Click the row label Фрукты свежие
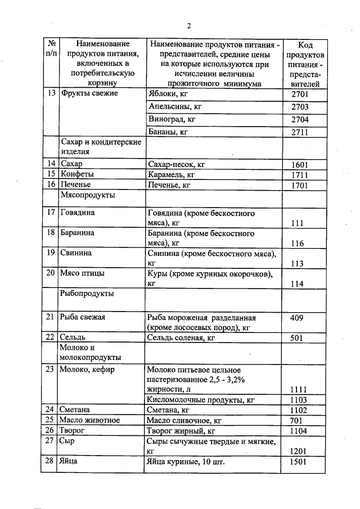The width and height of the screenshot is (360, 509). click(89, 93)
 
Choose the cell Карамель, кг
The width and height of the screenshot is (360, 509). click(170, 174)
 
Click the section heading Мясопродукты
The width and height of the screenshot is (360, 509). click(88, 195)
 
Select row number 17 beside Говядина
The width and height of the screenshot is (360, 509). click(51, 213)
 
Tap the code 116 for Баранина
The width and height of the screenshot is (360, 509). click(298, 244)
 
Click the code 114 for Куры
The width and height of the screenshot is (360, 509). click(298, 285)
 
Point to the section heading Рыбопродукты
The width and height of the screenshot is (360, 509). click(87, 294)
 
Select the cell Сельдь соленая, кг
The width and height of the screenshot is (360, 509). click(181, 338)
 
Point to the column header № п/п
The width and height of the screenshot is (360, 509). click(51, 48)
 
